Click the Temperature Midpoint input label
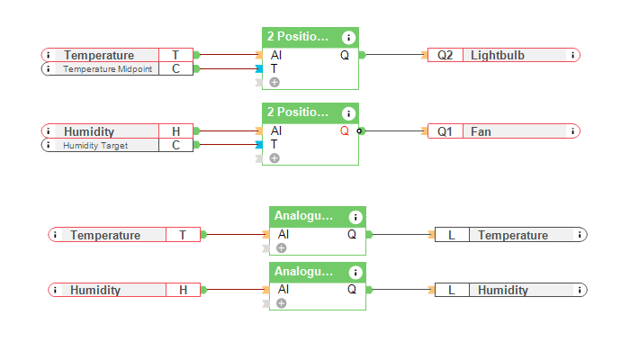click(107, 68)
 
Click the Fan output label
click(481, 131)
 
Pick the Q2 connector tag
click(445, 55)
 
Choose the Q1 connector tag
click(445, 131)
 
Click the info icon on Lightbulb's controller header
click(348, 37)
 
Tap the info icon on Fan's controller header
click(348, 113)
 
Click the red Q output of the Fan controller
click(345, 131)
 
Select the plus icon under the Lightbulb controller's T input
click(274, 82)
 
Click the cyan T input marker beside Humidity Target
click(259, 145)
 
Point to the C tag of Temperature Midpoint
click(175, 68)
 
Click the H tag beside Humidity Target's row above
click(175, 131)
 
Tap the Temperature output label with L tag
click(512, 235)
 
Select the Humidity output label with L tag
click(503, 290)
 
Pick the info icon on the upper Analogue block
click(355, 217)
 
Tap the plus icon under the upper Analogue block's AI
click(282, 248)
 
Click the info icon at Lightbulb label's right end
click(572, 55)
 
